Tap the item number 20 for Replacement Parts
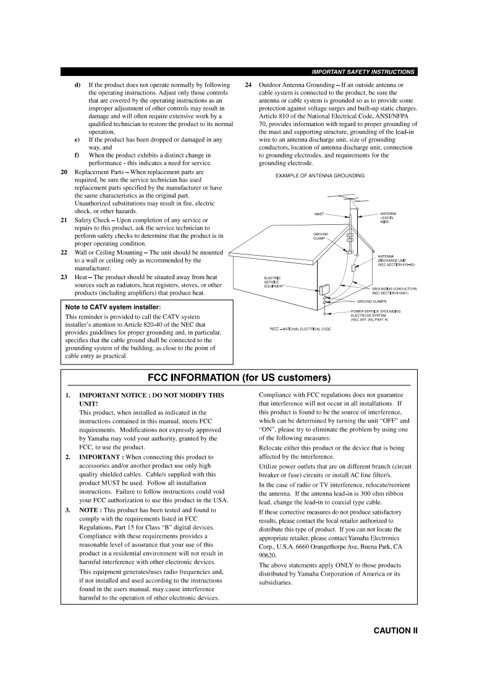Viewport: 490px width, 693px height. (x=64, y=172)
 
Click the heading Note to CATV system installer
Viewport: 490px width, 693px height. (x=113, y=307)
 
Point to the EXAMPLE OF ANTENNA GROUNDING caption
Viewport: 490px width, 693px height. (x=319, y=176)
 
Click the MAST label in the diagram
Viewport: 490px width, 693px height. (x=319, y=214)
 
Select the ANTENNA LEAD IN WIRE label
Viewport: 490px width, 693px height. (x=388, y=217)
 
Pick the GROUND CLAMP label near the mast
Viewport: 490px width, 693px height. (x=321, y=237)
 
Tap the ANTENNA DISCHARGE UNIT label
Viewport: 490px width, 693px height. (x=395, y=261)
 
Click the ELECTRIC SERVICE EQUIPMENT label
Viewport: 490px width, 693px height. (x=274, y=282)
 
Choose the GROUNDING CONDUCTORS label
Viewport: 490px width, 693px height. (x=394, y=291)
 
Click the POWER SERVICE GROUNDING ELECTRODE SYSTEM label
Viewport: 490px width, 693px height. (x=375, y=315)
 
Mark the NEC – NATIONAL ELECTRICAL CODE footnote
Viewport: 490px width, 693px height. (x=300, y=329)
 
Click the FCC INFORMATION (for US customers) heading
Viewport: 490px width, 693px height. (x=240, y=377)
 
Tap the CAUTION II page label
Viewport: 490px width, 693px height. (x=395, y=631)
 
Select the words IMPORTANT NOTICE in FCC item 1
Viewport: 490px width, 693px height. (x=114, y=395)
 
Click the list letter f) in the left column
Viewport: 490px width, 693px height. (x=77, y=156)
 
